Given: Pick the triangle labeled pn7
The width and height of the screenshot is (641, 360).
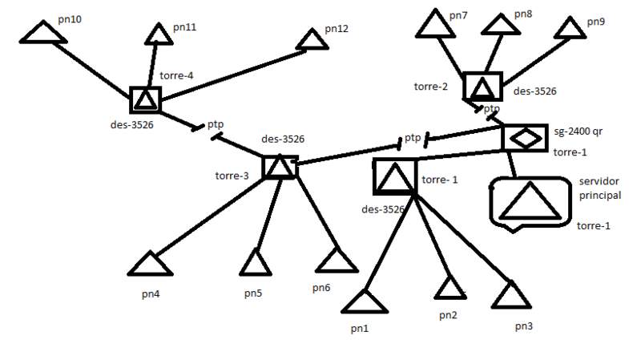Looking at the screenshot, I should coord(432,26).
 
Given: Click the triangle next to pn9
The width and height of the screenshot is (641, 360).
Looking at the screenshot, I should coord(571,27).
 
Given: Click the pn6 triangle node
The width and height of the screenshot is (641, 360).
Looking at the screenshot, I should coord(336,261).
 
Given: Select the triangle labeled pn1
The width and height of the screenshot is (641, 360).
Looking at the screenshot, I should coord(365,302).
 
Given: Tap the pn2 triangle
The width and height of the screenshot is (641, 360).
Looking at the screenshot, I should coord(449,288).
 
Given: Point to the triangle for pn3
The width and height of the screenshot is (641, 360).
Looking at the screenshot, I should coord(511,296).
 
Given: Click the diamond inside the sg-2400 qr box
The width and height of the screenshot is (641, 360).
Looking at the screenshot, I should coord(526,137).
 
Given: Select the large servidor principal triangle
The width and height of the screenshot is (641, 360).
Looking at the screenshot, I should coord(530,203).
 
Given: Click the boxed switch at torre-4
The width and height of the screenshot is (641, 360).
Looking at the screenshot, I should coord(145,100).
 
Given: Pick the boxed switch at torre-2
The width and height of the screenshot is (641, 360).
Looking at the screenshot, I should coord(482,87).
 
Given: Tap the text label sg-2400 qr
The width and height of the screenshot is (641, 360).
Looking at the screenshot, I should coord(579,131).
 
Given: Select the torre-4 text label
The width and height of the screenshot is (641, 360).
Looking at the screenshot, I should coord(177,76).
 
